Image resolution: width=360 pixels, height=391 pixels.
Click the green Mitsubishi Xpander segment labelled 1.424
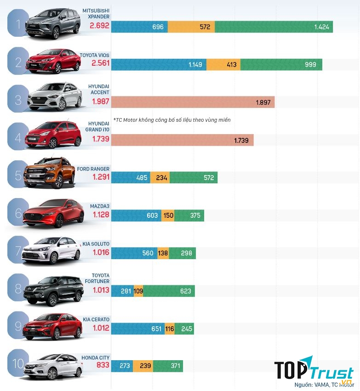tap(274, 27)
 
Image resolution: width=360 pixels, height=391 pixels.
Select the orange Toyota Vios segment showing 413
tap(223, 64)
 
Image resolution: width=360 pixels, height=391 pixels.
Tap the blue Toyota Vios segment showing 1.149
tap(159, 64)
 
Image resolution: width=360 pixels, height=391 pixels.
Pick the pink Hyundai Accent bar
tap(193, 102)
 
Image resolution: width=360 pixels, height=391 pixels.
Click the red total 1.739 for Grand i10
tap(100, 138)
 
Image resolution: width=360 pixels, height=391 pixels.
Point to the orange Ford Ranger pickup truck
tap(50, 172)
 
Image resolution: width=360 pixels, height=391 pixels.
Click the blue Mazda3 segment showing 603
tap(136, 215)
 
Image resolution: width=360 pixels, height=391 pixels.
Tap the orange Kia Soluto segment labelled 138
tap(163, 253)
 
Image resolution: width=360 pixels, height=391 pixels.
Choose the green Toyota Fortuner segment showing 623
tap(169, 290)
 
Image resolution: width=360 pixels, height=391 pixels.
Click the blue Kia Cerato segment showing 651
tap(138, 329)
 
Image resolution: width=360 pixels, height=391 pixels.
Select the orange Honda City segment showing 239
tap(143, 366)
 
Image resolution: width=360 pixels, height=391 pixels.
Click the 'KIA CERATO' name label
tap(96, 319)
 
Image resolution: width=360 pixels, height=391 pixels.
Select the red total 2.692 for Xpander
tap(100, 26)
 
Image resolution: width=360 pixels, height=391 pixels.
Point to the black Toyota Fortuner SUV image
tap(50, 289)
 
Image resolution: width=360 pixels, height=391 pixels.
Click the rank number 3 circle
tap(18, 100)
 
